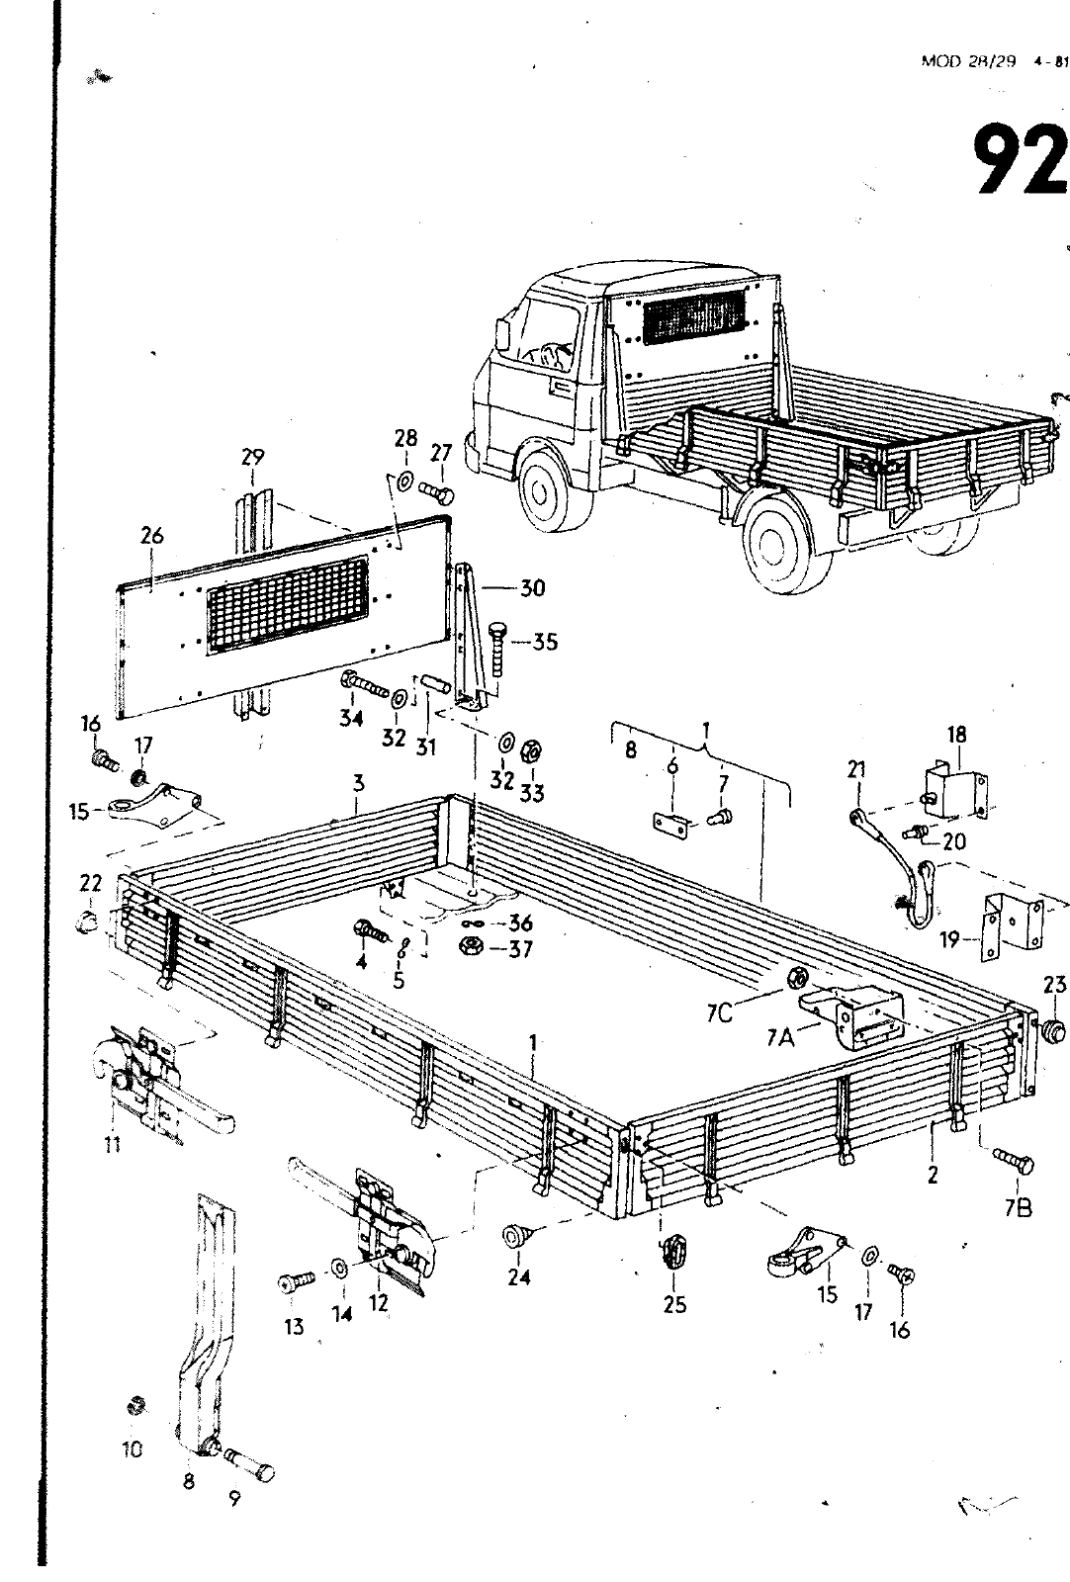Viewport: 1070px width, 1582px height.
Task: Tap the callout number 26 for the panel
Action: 151,537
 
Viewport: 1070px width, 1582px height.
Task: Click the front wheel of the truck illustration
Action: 540,484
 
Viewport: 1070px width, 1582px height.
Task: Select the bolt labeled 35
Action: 499,648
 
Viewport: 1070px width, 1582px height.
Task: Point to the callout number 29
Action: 253,457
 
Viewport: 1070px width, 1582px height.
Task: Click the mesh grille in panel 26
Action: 287,604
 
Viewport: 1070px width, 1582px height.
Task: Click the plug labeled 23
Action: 1054,1030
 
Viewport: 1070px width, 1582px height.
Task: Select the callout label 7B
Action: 1019,1207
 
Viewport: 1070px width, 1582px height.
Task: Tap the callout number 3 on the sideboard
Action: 359,783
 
